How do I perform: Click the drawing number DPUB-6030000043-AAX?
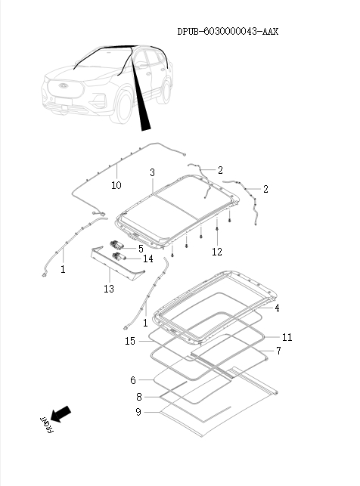(227, 32)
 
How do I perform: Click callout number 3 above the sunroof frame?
(152, 173)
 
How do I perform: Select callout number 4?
(278, 308)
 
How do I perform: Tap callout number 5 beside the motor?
(141, 247)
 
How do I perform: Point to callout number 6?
(132, 380)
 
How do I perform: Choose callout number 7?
(278, 351)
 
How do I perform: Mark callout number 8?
(139, 397)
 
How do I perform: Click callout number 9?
(138, 412)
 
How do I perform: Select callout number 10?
(116, 185)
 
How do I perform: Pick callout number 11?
(287, 336)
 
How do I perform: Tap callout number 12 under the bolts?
(217, 252)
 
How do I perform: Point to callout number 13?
(109, 289)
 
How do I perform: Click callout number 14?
(148, 258)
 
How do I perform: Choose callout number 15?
(130, 342)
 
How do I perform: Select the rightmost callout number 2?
(265, 188)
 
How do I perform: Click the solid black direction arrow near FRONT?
(62, 413)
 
